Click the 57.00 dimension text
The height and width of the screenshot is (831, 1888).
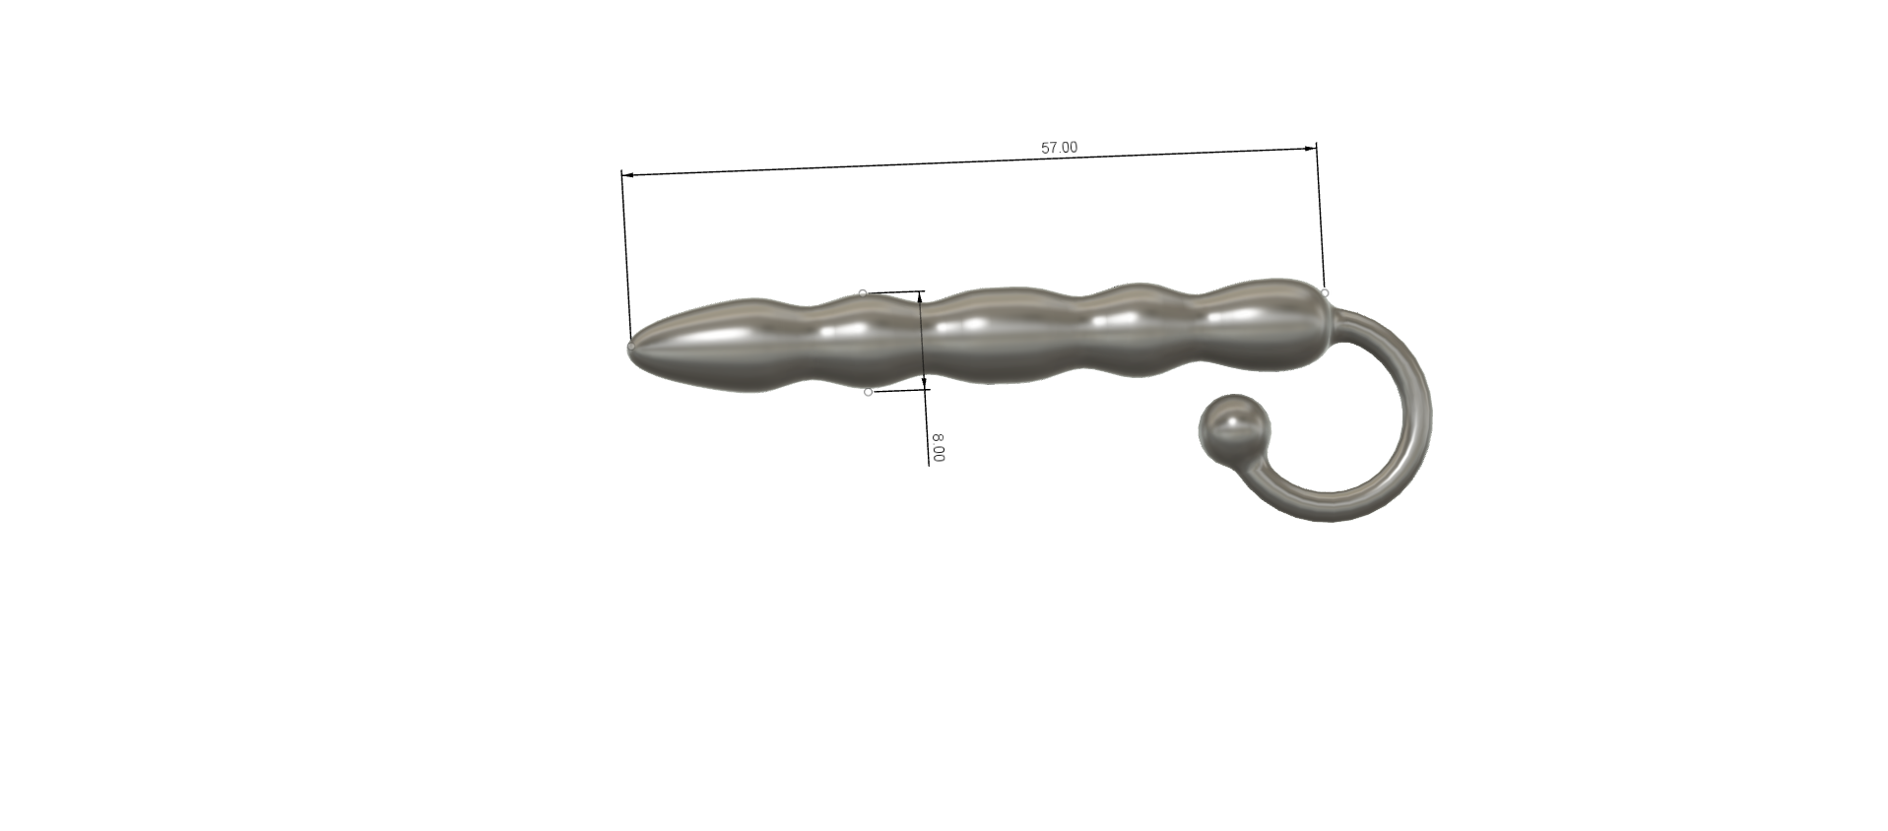click(1059, 148)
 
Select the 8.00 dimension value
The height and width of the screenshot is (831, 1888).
click(939, 448)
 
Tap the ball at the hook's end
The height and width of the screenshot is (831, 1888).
click(1234, 429)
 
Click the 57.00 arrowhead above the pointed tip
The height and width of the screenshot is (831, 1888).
click(627, 175)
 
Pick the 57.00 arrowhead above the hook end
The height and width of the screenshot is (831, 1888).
click(1311, 149)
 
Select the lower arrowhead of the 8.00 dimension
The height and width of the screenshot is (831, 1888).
click(924, 382)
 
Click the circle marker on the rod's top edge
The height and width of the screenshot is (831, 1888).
click(863, 293)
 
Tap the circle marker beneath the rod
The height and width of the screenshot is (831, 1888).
click(868, 392)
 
